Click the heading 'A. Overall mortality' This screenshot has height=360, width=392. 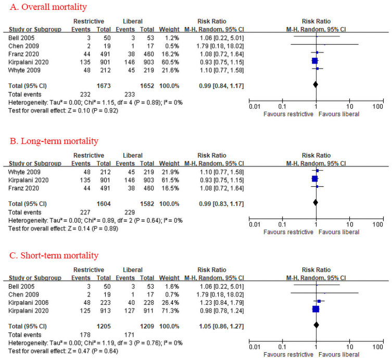coord(45,7)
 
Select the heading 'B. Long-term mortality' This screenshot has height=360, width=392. coord(50,140)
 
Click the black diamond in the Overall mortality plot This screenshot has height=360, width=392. coord(315,83)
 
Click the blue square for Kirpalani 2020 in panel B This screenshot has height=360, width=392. coord(314,178)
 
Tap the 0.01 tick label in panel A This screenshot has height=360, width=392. coord(254,106)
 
